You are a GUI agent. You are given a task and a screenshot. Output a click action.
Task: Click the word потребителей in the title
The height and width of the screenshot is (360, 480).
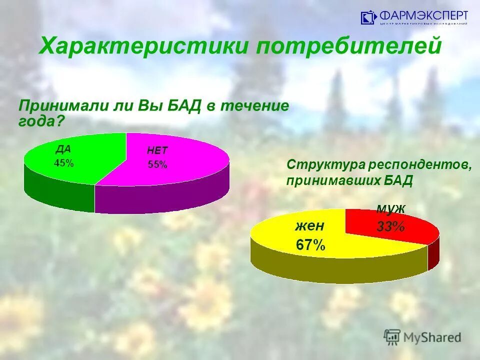point(349,46)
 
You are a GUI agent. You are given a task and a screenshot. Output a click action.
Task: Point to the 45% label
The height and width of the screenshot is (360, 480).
point(63,163)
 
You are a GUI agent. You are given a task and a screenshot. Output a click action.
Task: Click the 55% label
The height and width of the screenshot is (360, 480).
point(157,165)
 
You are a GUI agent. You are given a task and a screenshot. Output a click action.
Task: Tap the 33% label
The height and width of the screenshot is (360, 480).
point(390,226)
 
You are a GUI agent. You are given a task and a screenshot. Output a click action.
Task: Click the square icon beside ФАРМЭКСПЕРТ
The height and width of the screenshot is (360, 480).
point(368,18)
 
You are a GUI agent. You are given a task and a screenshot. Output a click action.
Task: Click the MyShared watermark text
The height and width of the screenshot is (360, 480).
point(432,337)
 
